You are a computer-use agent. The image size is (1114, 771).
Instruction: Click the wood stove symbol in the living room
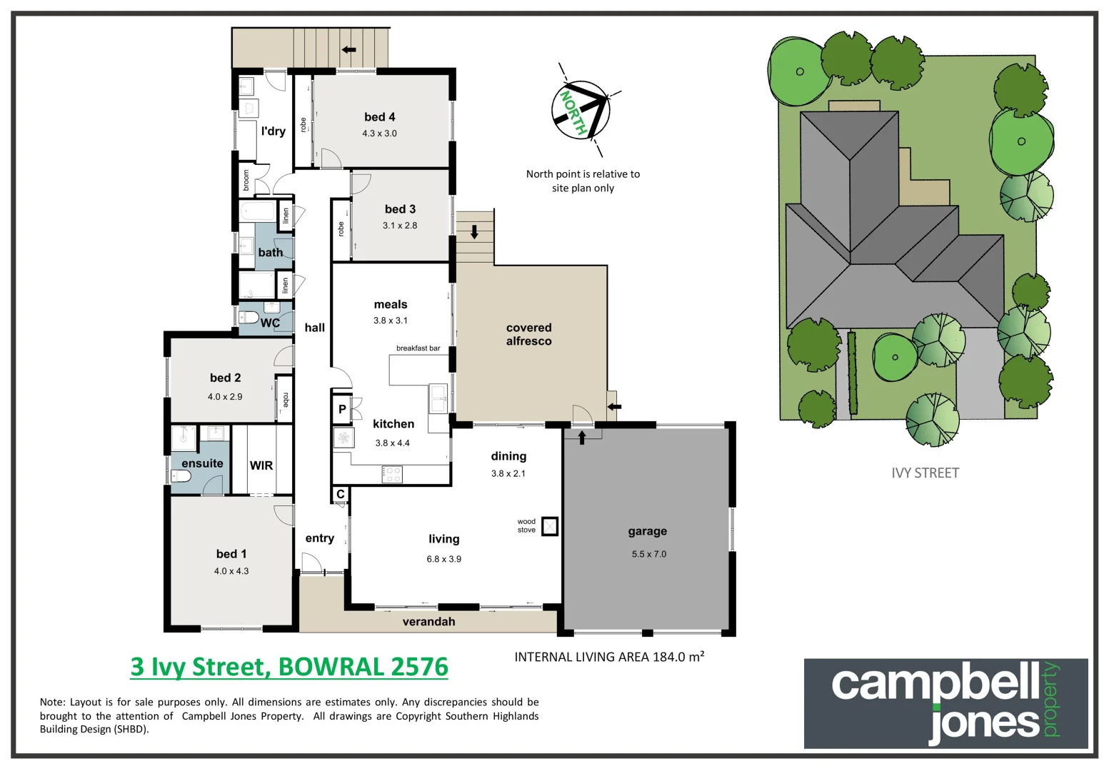pyautogui.click(x=549, y=526)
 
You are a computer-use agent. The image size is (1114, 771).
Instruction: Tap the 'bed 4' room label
pyautogui.click(x=379, y=117)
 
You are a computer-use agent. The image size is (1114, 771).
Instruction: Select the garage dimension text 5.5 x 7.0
pyautogui.click(x=648, y=554)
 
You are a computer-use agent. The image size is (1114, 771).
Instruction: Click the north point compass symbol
pyautogui.click(x=581, y=111)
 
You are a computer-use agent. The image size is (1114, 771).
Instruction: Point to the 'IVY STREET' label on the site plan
pyautogui.click(x=925, y=473)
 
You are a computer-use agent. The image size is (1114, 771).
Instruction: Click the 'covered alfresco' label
pyautogui.click(x=528, y=334)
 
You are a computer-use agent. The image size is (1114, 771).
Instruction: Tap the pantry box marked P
pyautogui.click(x=342, y=409)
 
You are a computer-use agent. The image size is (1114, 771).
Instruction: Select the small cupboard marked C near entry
pyautogui.click(x=341, y=494)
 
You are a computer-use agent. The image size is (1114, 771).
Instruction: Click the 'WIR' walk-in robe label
pyautogui.click(x=261, y=465)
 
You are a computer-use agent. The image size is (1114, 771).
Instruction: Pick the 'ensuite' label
pyautogui.click(x=202, y=463)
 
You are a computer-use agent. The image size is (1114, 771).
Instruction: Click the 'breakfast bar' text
pyautogui.click(x=418, y=348)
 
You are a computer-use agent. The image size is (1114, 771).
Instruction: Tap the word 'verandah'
pyautogui.click(x=428, y=622)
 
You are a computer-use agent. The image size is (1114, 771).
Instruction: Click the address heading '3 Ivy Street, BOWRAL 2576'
pyautogui.click(x=289, y=667)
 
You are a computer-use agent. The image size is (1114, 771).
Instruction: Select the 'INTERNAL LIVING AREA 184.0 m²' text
pyautogui.click(x=609, y=657)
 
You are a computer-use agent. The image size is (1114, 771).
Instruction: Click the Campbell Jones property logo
pyautogui.click(x=945, y=703)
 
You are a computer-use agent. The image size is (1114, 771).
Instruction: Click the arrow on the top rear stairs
pyautogui.click(x=349, y=49)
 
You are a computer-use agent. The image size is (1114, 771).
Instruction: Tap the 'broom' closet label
pyautogui.click(x=246, y=180)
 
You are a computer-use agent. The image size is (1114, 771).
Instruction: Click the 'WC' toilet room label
pyautogui.click(x=270, y=323)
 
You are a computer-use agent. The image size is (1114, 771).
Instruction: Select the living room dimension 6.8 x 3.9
pyautogui.click(x=443, y=559)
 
